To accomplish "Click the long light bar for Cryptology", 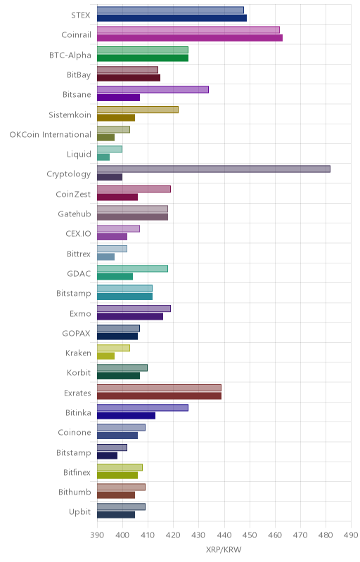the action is click(214, 169).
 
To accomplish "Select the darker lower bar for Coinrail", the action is click(190, 38).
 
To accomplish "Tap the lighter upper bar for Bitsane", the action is click(153, 90).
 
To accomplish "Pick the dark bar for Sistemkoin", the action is click(116, 117).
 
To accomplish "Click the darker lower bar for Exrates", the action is click(159, 396).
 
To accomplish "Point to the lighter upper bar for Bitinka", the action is click(143, 408).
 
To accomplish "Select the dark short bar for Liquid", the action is click(103, 157).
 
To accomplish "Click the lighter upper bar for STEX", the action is click(170, 10).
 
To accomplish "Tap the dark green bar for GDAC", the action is click(115, 277).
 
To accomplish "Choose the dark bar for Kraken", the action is click(105, 356).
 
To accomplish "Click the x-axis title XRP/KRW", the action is click(224, 549).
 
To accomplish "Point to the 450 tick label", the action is click(250, 535).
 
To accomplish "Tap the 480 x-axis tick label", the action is click(326, 535).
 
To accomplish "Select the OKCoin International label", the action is click(50, 135).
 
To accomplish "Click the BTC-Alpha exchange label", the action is click(70, 55).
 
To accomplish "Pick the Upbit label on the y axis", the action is click(80, 512).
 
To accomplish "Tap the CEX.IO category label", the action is click(79, 234).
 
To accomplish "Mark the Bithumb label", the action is click(75, 492).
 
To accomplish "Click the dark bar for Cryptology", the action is click(110, 177).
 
